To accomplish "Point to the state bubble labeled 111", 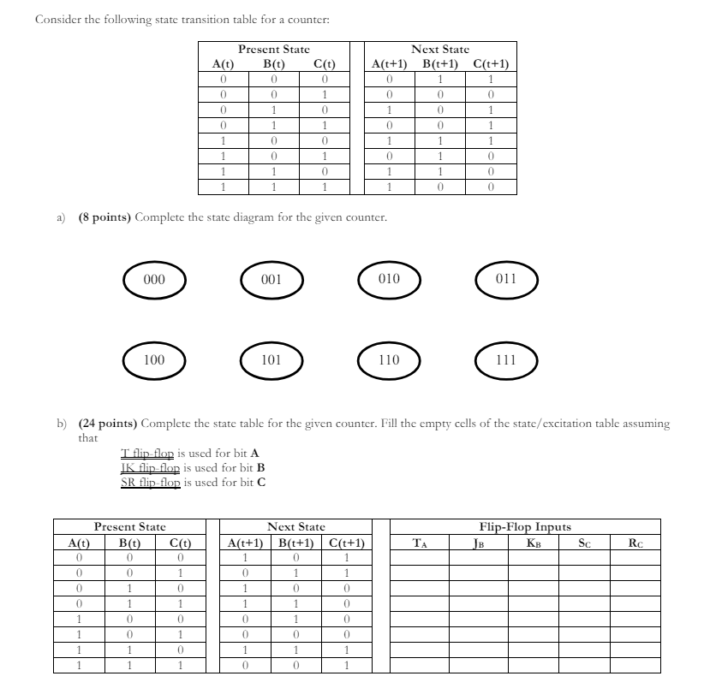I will click(x=506, y=360).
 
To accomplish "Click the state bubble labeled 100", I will click(x=154, y=360).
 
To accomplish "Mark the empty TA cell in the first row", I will click(x=420, y=557).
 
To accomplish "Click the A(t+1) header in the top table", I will click(x=389, y=63).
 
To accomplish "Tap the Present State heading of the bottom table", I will click(x=129, y=528).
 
